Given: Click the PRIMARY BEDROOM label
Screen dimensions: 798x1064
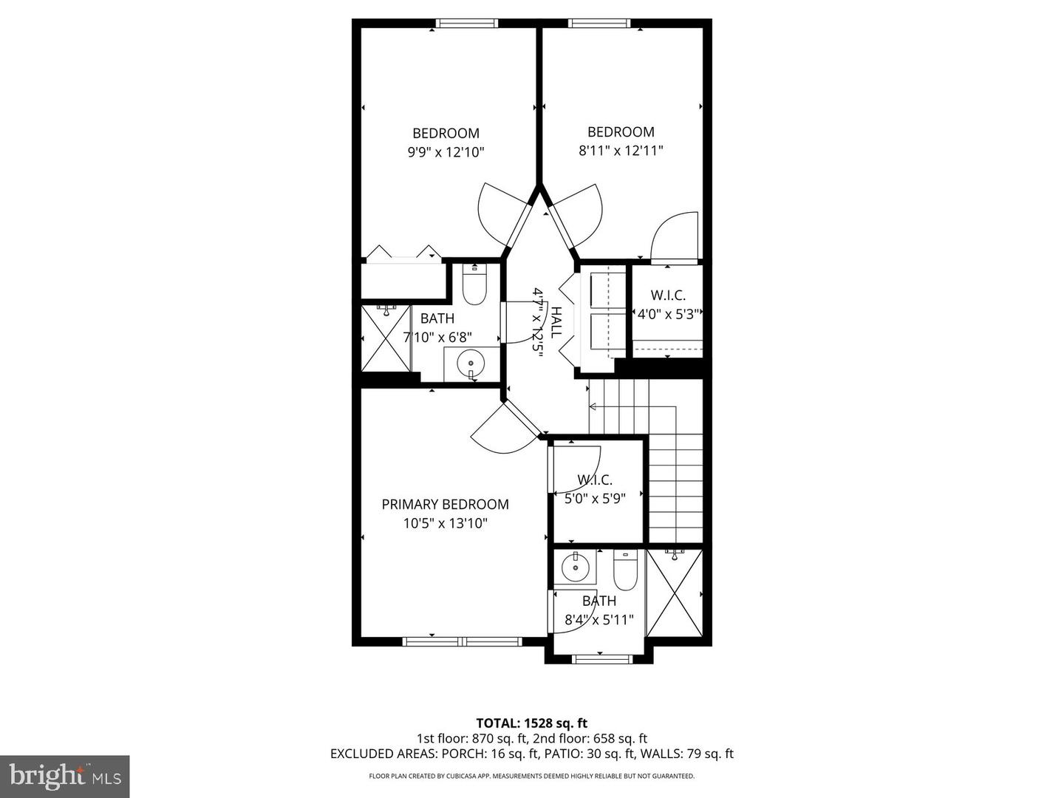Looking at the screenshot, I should tap(445, 505).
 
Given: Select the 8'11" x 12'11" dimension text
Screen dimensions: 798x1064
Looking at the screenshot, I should tap(621, 151).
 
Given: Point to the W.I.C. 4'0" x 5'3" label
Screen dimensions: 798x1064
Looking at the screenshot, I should tap(668, 304).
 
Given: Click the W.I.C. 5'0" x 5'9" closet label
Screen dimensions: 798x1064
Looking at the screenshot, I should tap(595, 488).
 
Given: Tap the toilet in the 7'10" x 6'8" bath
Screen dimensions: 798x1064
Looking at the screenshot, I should tap(474, 287).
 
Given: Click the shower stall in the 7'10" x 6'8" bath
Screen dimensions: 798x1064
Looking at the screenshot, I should tap(385, 338).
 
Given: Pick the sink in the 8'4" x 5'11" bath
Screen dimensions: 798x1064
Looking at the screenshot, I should tap(574, 568).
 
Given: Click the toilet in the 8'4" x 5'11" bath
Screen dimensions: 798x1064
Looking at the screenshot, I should tap(625, 571).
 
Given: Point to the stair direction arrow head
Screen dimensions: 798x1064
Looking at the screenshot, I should tap(593, 406).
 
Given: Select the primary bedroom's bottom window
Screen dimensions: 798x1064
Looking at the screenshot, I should tap(463, 641).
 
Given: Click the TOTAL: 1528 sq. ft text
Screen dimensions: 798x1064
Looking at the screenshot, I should tap(531, 723).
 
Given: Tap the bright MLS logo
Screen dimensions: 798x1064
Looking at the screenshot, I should tap(64, 777).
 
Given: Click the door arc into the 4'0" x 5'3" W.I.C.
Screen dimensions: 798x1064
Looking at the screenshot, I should tap(672, 234).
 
